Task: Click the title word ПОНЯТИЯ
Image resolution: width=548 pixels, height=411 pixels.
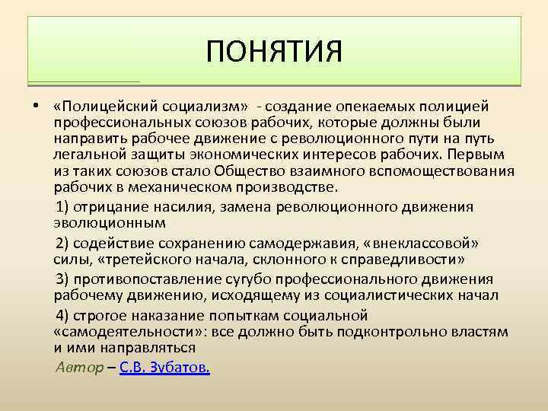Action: pos(274,53)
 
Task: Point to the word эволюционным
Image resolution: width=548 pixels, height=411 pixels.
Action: pos(109,224)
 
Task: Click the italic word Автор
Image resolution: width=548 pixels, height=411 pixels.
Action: pos(79,368)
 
